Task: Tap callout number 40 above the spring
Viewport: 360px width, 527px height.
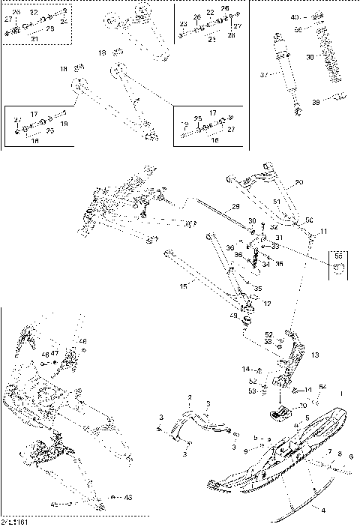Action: [294, 16]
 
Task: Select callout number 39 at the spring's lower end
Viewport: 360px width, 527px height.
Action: [316, 102]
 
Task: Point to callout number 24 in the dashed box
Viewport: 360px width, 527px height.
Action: [64, 22]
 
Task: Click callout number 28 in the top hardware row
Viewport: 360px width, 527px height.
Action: [231, 35]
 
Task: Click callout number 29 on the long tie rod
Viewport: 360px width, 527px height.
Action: [235, 205]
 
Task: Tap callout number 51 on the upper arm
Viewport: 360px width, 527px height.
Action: [277, 202]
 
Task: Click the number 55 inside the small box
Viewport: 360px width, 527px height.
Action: [337, 256]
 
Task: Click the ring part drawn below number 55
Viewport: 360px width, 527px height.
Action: [338, 268]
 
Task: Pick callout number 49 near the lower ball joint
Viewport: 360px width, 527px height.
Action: [233, 317]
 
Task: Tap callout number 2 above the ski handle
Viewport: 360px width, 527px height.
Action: [190, 397]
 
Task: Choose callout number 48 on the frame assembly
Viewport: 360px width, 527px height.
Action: [82, 341]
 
